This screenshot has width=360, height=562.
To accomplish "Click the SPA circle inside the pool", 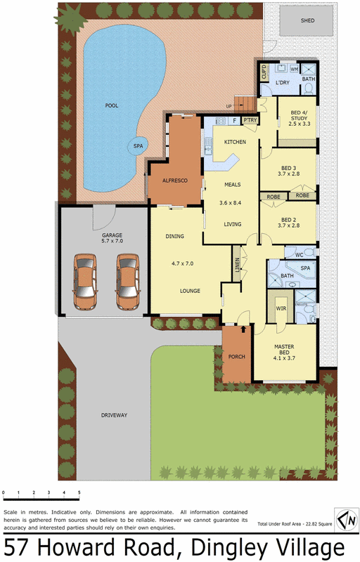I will click(x=137, y=147).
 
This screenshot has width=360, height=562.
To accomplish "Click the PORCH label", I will click(x=237, y=356).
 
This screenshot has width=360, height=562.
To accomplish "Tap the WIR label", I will click(x=279, y=307).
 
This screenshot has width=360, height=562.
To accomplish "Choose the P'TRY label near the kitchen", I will click(x=250, y=121).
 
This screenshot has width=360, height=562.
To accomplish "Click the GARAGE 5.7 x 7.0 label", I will click(x=112, y=237).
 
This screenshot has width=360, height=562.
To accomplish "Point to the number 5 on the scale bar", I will click(x=79, y=493).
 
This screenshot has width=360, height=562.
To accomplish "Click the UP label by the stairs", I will click(x=228, y=107).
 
